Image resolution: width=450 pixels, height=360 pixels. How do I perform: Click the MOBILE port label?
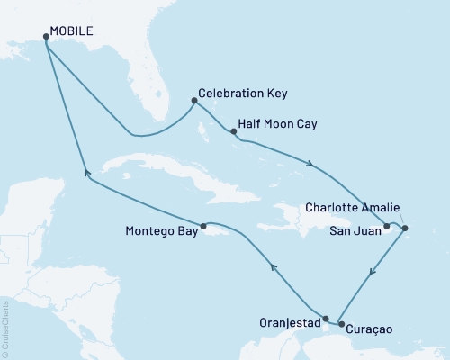pyautogui.click(x=72, y=30)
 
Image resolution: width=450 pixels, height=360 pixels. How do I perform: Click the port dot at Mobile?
pyautogui.click(x=45, y=37)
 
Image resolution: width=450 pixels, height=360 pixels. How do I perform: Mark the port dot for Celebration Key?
pyautogui.click(x=194, y=100)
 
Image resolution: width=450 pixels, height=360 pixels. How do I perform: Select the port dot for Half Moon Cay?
pyautogui.click(x=233, y=131)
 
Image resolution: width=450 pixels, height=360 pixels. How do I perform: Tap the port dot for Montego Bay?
pyautogui.click(x=204, y=226)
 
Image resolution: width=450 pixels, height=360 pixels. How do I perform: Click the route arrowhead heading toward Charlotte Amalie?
pyautogui.click(x=310, y=165)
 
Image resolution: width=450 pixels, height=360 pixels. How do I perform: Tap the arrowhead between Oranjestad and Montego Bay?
pyautogui.click(x=273, y=265)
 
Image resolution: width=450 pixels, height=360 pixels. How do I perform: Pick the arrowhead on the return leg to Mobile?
pyautogui.click(x=85, y=174)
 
